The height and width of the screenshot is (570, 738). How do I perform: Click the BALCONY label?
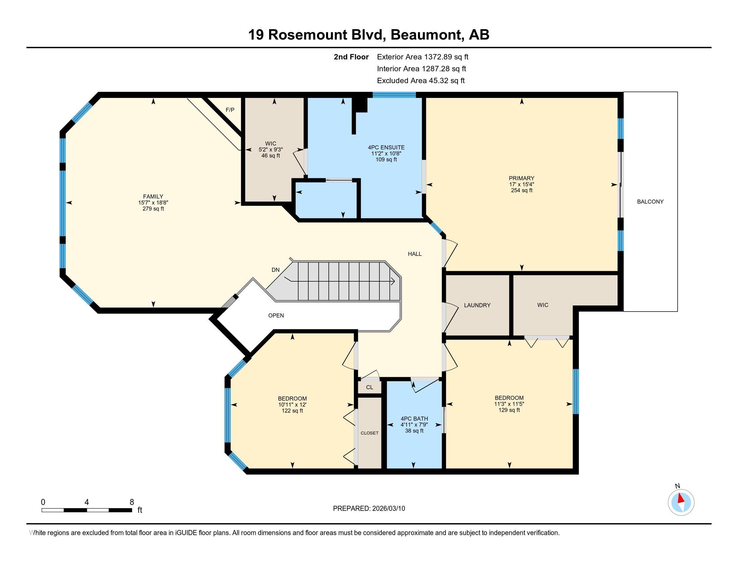(x=650, y=202)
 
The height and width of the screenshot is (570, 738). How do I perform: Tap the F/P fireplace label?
(x=230, y=110)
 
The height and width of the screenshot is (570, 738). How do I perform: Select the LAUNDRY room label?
(x=477, y=305)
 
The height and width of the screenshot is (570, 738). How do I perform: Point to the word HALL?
(x=415, y=254)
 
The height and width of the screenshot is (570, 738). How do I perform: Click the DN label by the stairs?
(x=276, y=270)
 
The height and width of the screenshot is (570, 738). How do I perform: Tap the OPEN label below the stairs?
(x=276, y=316)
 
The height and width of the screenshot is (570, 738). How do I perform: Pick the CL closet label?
(x=370, y=387)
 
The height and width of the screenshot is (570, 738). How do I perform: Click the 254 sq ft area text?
(x=522, y=190)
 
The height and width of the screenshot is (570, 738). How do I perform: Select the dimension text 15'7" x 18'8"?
(x=153, y=203)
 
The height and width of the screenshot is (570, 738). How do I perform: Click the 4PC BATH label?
(x=414, y=419)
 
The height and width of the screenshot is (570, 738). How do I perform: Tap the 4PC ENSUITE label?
(x=386, y=148)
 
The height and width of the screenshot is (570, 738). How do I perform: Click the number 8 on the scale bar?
(x=132, y=502)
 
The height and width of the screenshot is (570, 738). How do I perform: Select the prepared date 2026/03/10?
(x=388, y=509)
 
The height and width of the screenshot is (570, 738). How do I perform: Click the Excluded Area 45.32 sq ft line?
(x=421, y=81)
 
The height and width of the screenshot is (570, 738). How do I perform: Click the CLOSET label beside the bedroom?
(x=370, y=433)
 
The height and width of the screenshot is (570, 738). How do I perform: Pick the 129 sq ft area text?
(x=509, y=410)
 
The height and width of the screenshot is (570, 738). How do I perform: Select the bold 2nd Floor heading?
(x=351, y=57)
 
